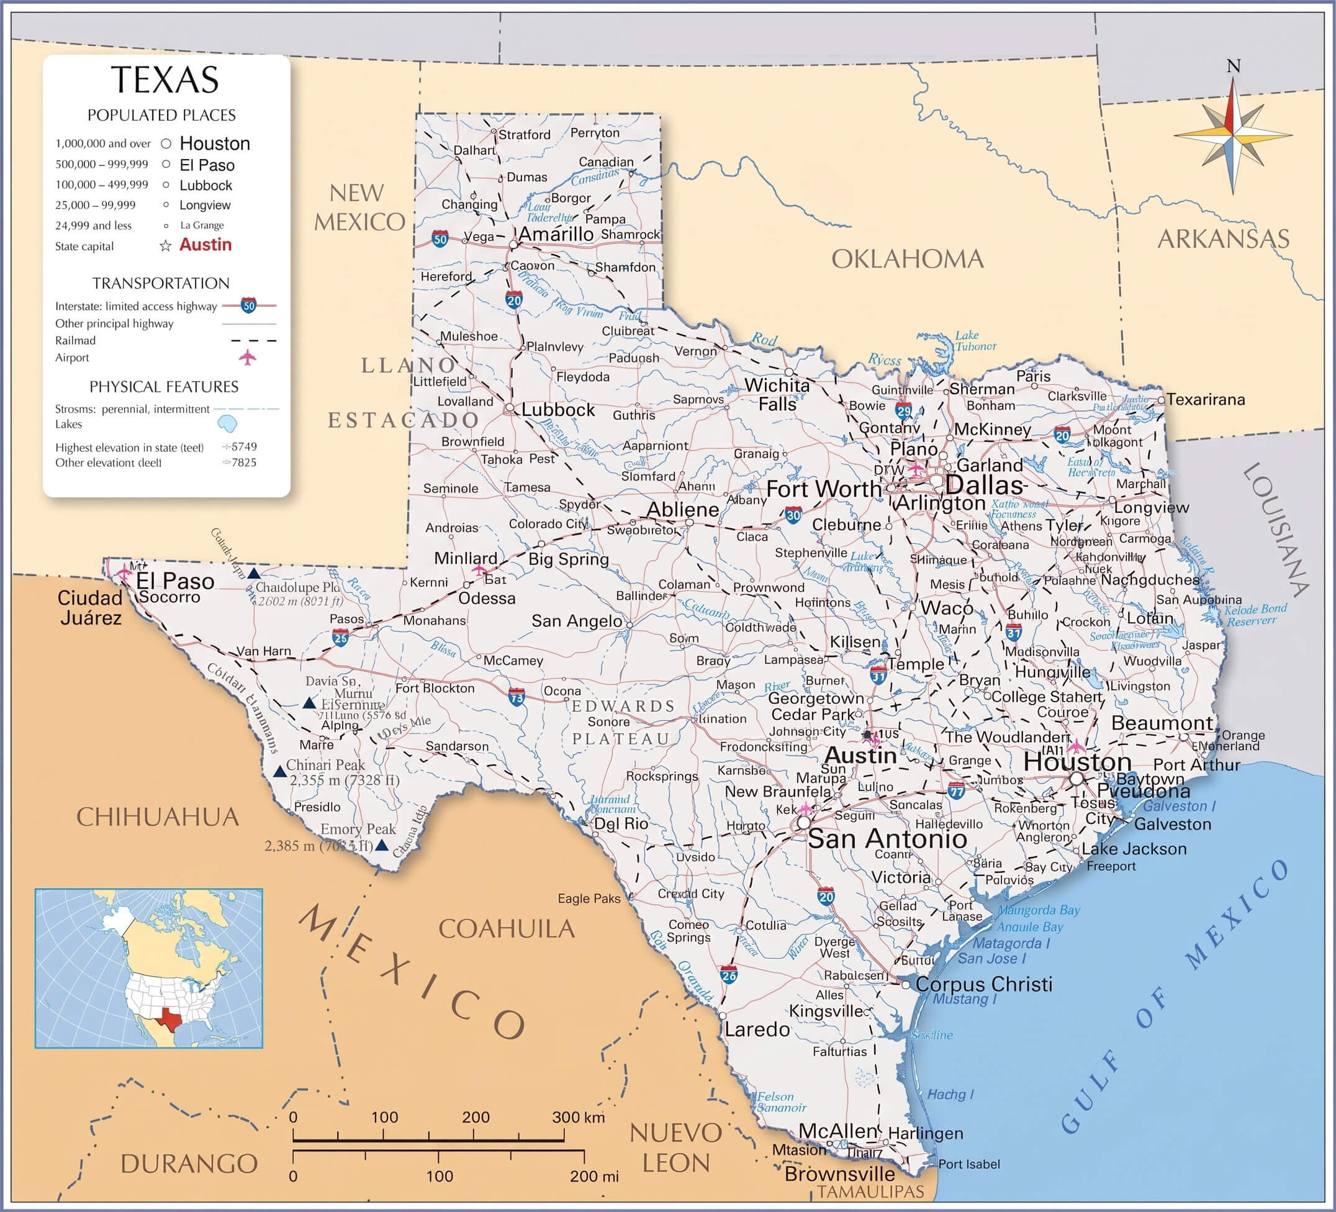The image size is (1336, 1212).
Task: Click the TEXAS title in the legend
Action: (165, 79)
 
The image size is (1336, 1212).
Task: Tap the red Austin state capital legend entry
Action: (205, 245)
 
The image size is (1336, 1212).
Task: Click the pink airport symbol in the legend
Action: (247, 358)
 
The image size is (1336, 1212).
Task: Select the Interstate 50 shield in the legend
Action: (248, 305)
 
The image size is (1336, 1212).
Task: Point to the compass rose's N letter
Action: (1234, 66)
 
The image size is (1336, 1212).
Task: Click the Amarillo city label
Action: (556, 234)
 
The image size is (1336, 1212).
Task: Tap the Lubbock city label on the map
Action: (558, 410)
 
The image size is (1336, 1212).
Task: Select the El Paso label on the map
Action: (175, 581)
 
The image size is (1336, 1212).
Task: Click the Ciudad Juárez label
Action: (90, 608)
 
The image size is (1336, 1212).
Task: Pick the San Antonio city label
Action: (887, 839)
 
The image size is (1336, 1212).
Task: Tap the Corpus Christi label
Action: (983, 984)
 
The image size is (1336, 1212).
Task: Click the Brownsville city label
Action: (839, 1174)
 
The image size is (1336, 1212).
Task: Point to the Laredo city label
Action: (757, 1029)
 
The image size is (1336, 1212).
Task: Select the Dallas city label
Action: (985, 485)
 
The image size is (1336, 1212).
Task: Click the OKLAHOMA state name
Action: (907, 259)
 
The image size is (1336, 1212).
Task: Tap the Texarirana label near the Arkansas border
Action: (1206, 400)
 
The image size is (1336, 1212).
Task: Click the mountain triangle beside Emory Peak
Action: (382, 846)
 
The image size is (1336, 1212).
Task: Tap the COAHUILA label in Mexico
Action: (507, 928)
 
